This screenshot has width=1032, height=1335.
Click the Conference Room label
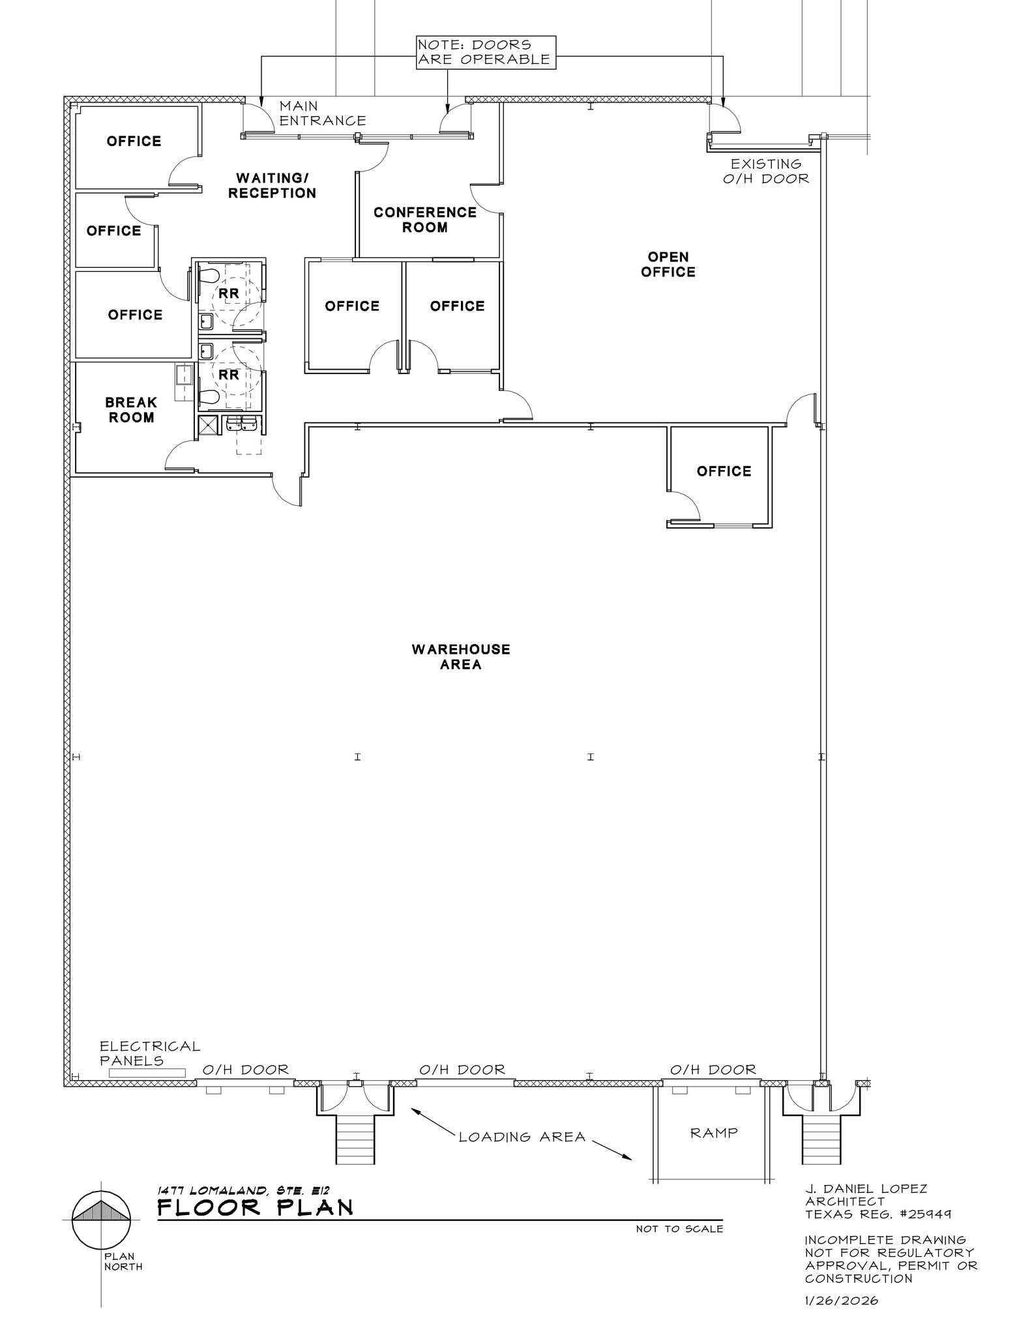(x=424, y=220)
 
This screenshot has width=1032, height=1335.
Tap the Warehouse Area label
(x=460, y=656)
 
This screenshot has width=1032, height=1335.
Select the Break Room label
(x=131, y=410)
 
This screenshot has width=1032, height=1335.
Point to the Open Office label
(x=668, y=264)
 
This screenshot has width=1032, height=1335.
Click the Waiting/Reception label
(x=272, y=185)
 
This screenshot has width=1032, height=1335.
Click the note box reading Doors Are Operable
(x=486, y=52)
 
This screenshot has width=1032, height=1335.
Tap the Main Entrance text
(x=322, y=113)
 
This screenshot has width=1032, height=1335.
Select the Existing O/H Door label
(x=765, y=171)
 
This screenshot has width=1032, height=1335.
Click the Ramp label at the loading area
(x=714, y=1133)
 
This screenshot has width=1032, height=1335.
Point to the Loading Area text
(x=522, y=1137)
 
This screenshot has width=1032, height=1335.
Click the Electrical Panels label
(x=149, y=1053)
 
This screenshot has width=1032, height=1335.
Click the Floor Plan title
(x=255, y=1208)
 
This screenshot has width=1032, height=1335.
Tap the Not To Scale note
(x=679, y=1229)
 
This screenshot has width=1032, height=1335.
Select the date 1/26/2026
(x=841, y=1300)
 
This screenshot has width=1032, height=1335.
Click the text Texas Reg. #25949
(x=877, y=1214)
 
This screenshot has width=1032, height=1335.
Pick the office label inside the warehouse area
(x=724, y=471)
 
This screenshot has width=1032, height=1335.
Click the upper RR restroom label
(x=229, y=294)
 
